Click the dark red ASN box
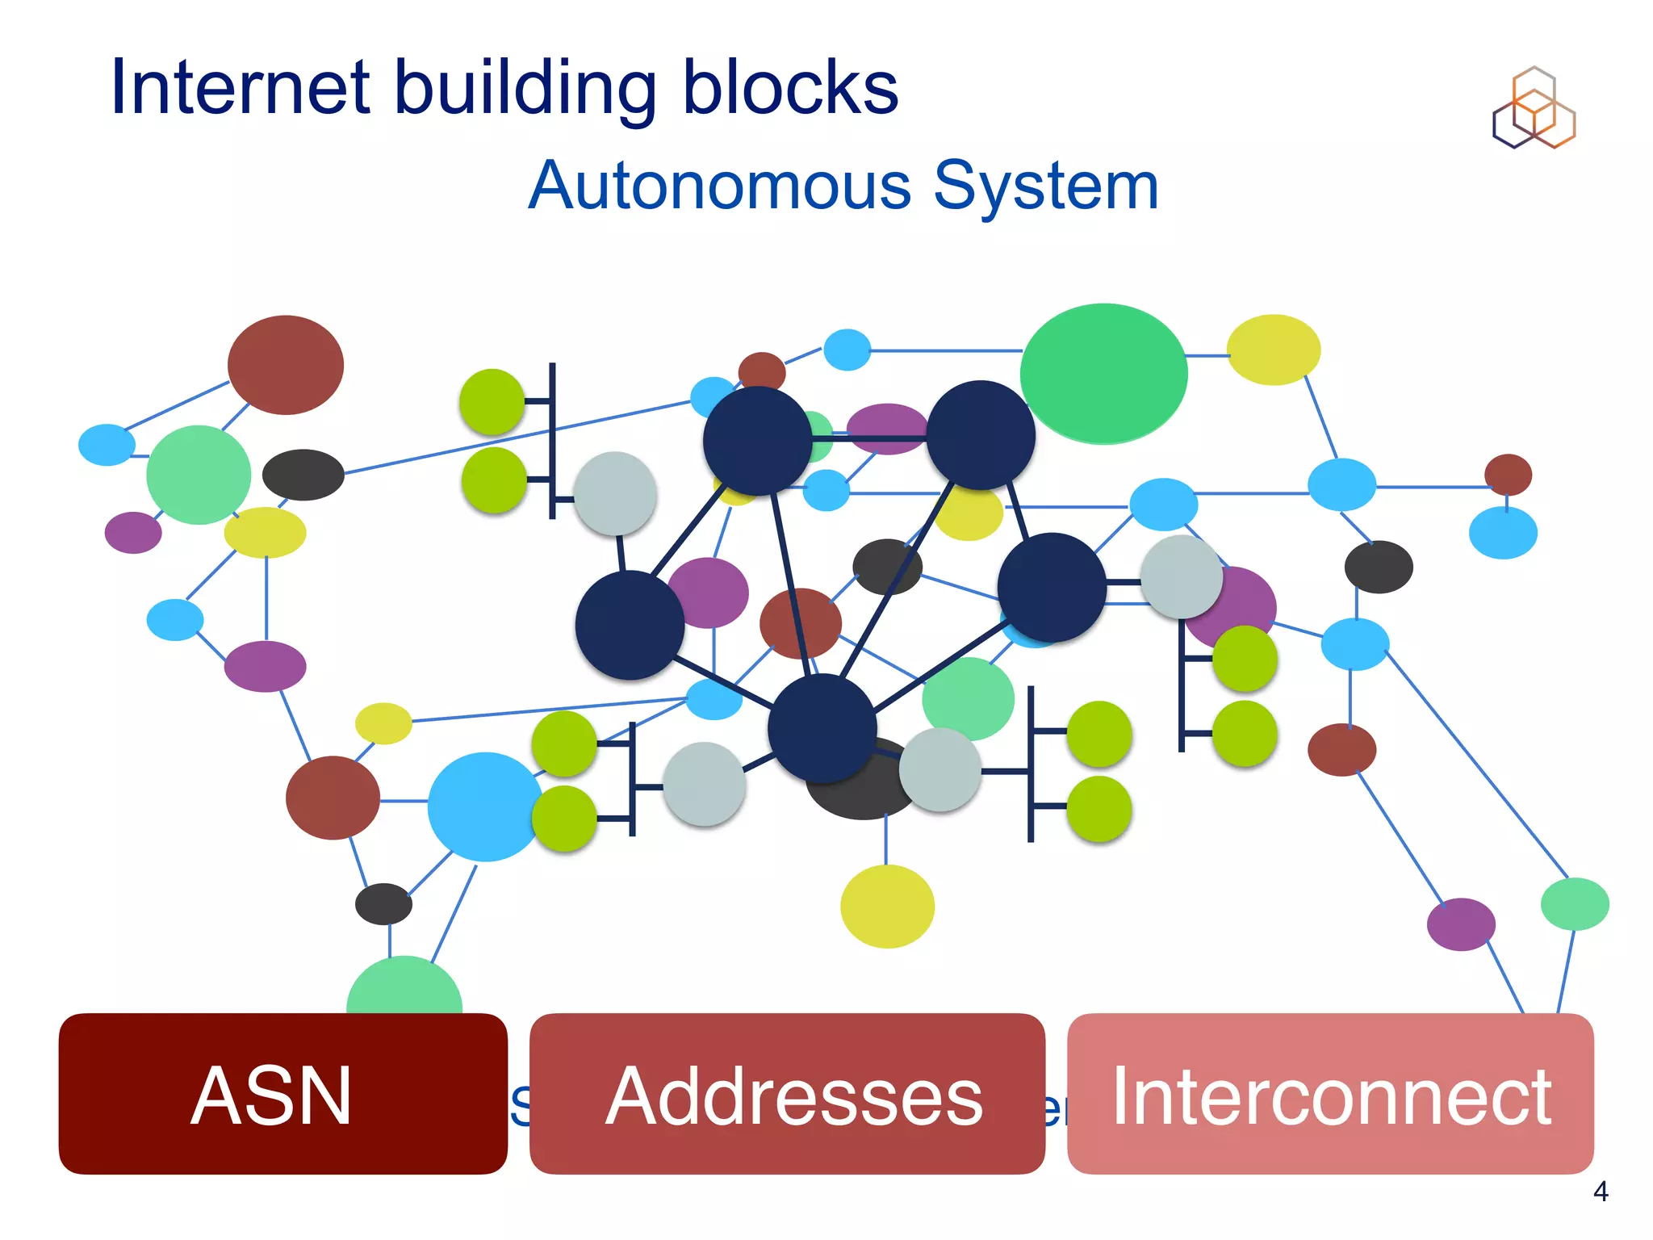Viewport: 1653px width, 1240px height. coord(282,1094)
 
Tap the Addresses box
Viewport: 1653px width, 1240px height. coord(787,1094)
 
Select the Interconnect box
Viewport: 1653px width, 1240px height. coord(1330,1094)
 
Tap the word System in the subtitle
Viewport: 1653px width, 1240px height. coord(1046,186)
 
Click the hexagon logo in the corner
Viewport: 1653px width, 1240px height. coord(1534,109)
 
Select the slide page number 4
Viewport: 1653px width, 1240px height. coord(1601,1192)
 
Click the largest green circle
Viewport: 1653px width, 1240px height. coord(1103,374)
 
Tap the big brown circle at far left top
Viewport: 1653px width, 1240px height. coord(286,365)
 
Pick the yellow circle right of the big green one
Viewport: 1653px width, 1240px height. coord(1274,350)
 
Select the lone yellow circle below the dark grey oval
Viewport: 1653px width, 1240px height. coord(887,906)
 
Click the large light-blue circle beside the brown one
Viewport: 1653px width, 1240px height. coord(484,806)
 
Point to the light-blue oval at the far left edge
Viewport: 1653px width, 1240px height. coord(107,445)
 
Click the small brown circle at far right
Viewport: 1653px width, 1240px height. coord(1508,474)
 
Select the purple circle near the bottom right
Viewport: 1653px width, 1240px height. coord(1461,924)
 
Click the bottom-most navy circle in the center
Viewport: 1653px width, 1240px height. coord(822,728)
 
